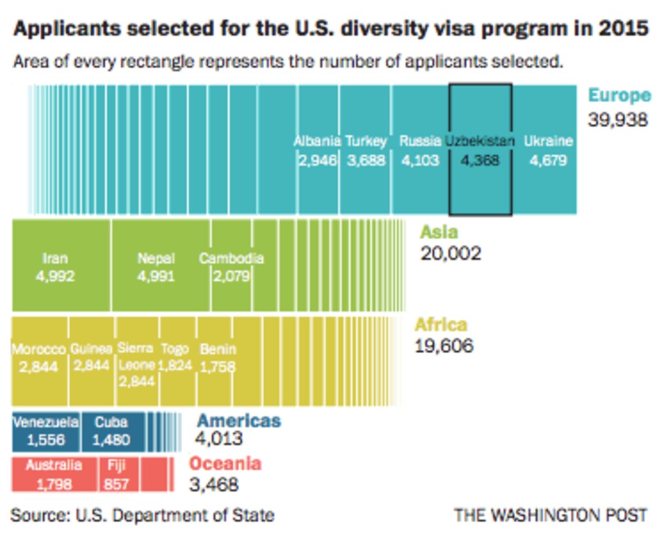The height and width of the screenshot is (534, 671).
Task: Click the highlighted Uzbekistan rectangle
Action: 480,149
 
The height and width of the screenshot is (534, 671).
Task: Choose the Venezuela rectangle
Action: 46,431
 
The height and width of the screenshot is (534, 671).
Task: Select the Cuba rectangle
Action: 112,431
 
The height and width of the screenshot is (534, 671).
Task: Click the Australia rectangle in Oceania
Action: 54,475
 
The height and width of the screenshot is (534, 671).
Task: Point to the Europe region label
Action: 619,96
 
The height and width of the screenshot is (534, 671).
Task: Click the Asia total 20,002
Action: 451,253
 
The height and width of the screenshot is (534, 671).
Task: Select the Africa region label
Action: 441,325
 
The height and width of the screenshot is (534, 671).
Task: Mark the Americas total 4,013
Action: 220,438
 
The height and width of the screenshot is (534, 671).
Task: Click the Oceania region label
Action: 225,464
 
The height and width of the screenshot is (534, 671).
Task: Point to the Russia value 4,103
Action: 419,160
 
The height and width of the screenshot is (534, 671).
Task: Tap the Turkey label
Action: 366,141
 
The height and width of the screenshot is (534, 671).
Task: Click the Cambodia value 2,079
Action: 231,276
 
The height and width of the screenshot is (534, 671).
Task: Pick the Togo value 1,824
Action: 176,365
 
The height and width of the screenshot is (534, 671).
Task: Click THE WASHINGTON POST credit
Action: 550,515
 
